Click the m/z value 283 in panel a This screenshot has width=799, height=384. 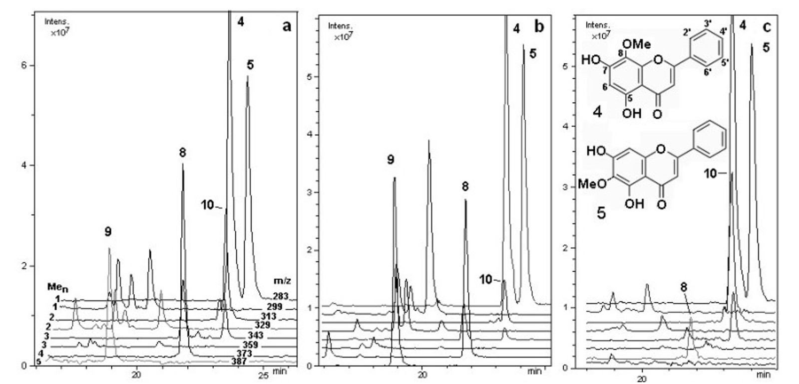tap(281, 296)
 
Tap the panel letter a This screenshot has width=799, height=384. tap(287, 26)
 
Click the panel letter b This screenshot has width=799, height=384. tap(539, 26)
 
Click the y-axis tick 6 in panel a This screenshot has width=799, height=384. tap(23, 65)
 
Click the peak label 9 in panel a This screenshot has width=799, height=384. tap(108, 231)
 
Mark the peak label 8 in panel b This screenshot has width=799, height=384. tap(465, 187)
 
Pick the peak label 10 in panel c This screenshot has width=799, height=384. tap(711, 173)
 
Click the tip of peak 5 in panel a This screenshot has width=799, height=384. tap(247, 76)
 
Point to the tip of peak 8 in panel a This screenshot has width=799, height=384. tap(183, 164)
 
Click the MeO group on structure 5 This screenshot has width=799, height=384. tap(592, 184)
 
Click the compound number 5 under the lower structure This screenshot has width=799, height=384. tap(601, 213)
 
